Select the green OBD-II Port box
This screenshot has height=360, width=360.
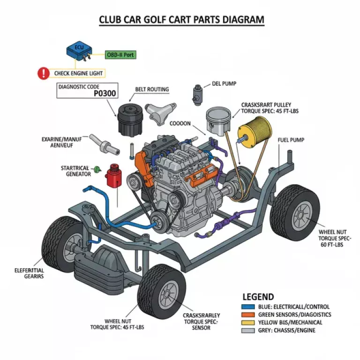click(x=120, y=55)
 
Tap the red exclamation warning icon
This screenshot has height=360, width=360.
click(x=44, y=73)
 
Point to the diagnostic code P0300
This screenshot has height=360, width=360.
click(x=104, y=93)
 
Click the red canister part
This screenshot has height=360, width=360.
click(x=113, y=177)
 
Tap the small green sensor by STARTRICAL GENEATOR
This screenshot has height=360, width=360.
click(x=97, y=168)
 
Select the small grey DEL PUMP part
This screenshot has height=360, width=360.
click(x=197, y=93)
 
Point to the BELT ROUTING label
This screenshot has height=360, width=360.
click(x=152, y=89)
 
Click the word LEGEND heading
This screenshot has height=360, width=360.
click(x=258, y=297)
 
